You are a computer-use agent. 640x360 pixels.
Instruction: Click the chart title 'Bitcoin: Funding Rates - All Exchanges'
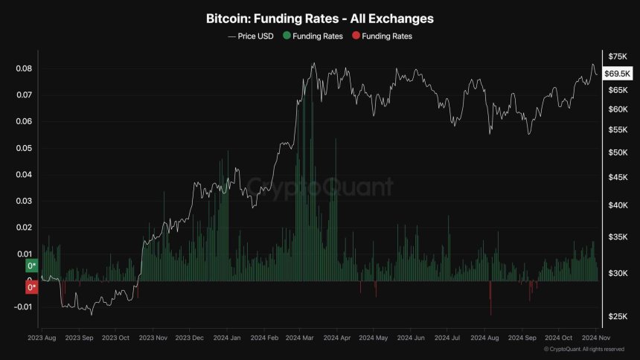[320, 17]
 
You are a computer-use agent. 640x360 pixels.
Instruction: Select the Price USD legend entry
[252, 36]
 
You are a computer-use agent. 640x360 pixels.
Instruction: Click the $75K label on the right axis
[618, 57]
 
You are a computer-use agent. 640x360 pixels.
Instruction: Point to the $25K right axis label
[618, 317]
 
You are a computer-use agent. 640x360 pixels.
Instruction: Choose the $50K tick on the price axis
[618, 152]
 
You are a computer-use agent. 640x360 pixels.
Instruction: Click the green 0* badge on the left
[31, 266]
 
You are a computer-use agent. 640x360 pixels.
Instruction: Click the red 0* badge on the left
[31, 287]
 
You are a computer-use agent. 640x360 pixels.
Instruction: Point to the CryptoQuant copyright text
[583, 349]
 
